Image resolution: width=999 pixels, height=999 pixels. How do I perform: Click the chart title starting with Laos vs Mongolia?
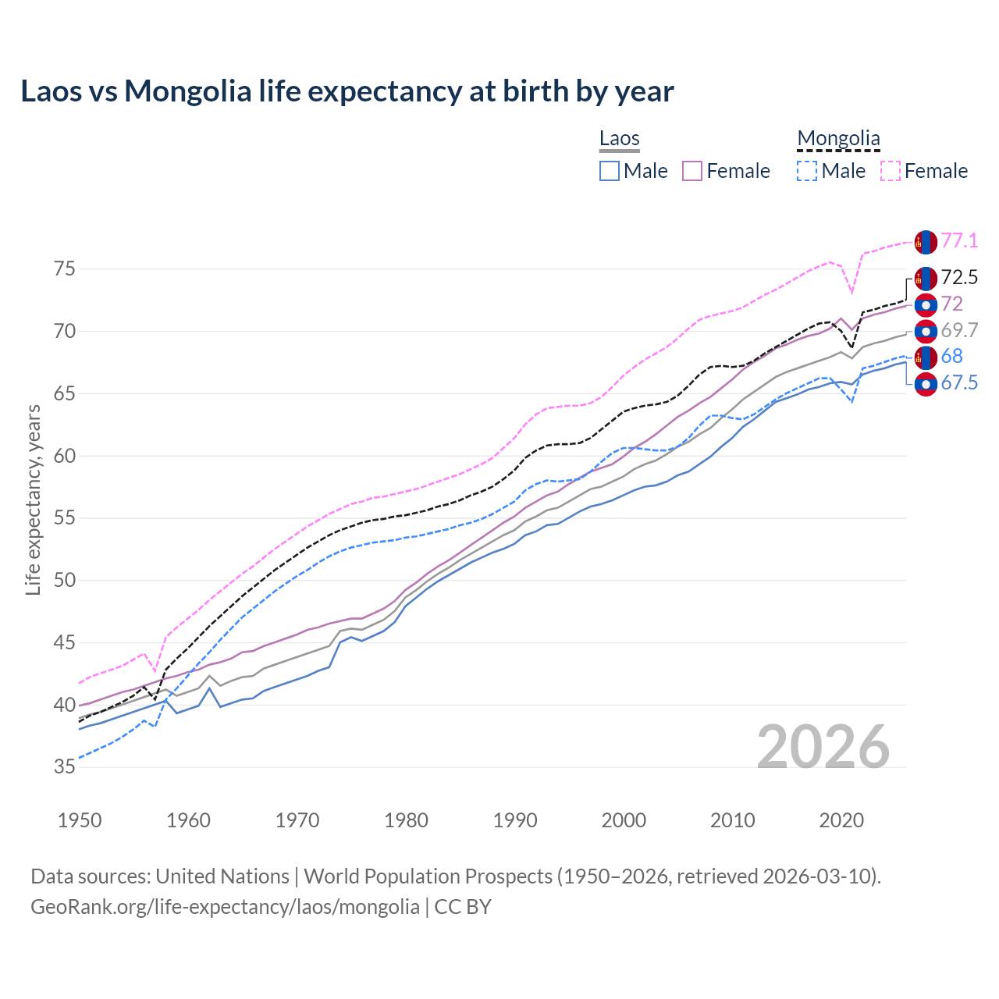click(347, 91)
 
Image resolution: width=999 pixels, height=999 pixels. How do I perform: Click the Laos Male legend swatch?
click(610, 171)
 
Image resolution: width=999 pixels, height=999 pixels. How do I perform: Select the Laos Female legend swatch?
click(692, 171)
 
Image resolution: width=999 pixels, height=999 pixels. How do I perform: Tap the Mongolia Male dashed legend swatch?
click(807, 171)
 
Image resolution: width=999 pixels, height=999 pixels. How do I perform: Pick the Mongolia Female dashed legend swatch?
click(891, 171)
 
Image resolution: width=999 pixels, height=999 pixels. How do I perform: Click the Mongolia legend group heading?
click(838, 139)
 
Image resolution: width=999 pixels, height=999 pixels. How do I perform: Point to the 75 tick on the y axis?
click(65, 269)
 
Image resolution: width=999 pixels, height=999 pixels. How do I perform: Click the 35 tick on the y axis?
click(65, 767)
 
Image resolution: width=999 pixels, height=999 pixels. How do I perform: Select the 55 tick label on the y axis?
click(65, 518)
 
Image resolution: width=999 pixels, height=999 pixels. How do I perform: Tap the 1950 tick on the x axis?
click(80, 820)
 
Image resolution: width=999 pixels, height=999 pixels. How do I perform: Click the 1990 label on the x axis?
click(515, 820)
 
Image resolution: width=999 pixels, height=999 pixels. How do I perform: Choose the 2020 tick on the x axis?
click(841, 820)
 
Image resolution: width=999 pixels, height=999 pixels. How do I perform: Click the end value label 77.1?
click(959, 240)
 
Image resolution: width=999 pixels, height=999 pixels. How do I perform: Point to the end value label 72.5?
click(959, 277)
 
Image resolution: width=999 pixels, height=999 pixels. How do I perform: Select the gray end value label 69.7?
click(959, 330)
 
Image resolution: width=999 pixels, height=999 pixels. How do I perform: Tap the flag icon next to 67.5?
click(926, 384)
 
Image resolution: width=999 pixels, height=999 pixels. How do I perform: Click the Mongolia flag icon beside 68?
click(926, 357)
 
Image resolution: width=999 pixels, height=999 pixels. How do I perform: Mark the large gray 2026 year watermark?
click(823, 747)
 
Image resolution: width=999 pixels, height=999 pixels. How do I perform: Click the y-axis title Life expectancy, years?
click(33, 499)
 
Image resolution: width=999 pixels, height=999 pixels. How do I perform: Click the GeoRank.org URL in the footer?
click(225, 907)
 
